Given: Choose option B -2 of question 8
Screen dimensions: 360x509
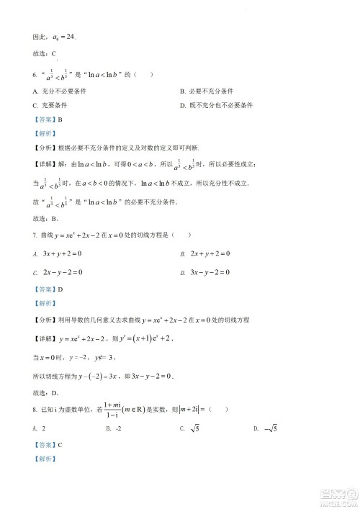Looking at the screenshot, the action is coord(113,429).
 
